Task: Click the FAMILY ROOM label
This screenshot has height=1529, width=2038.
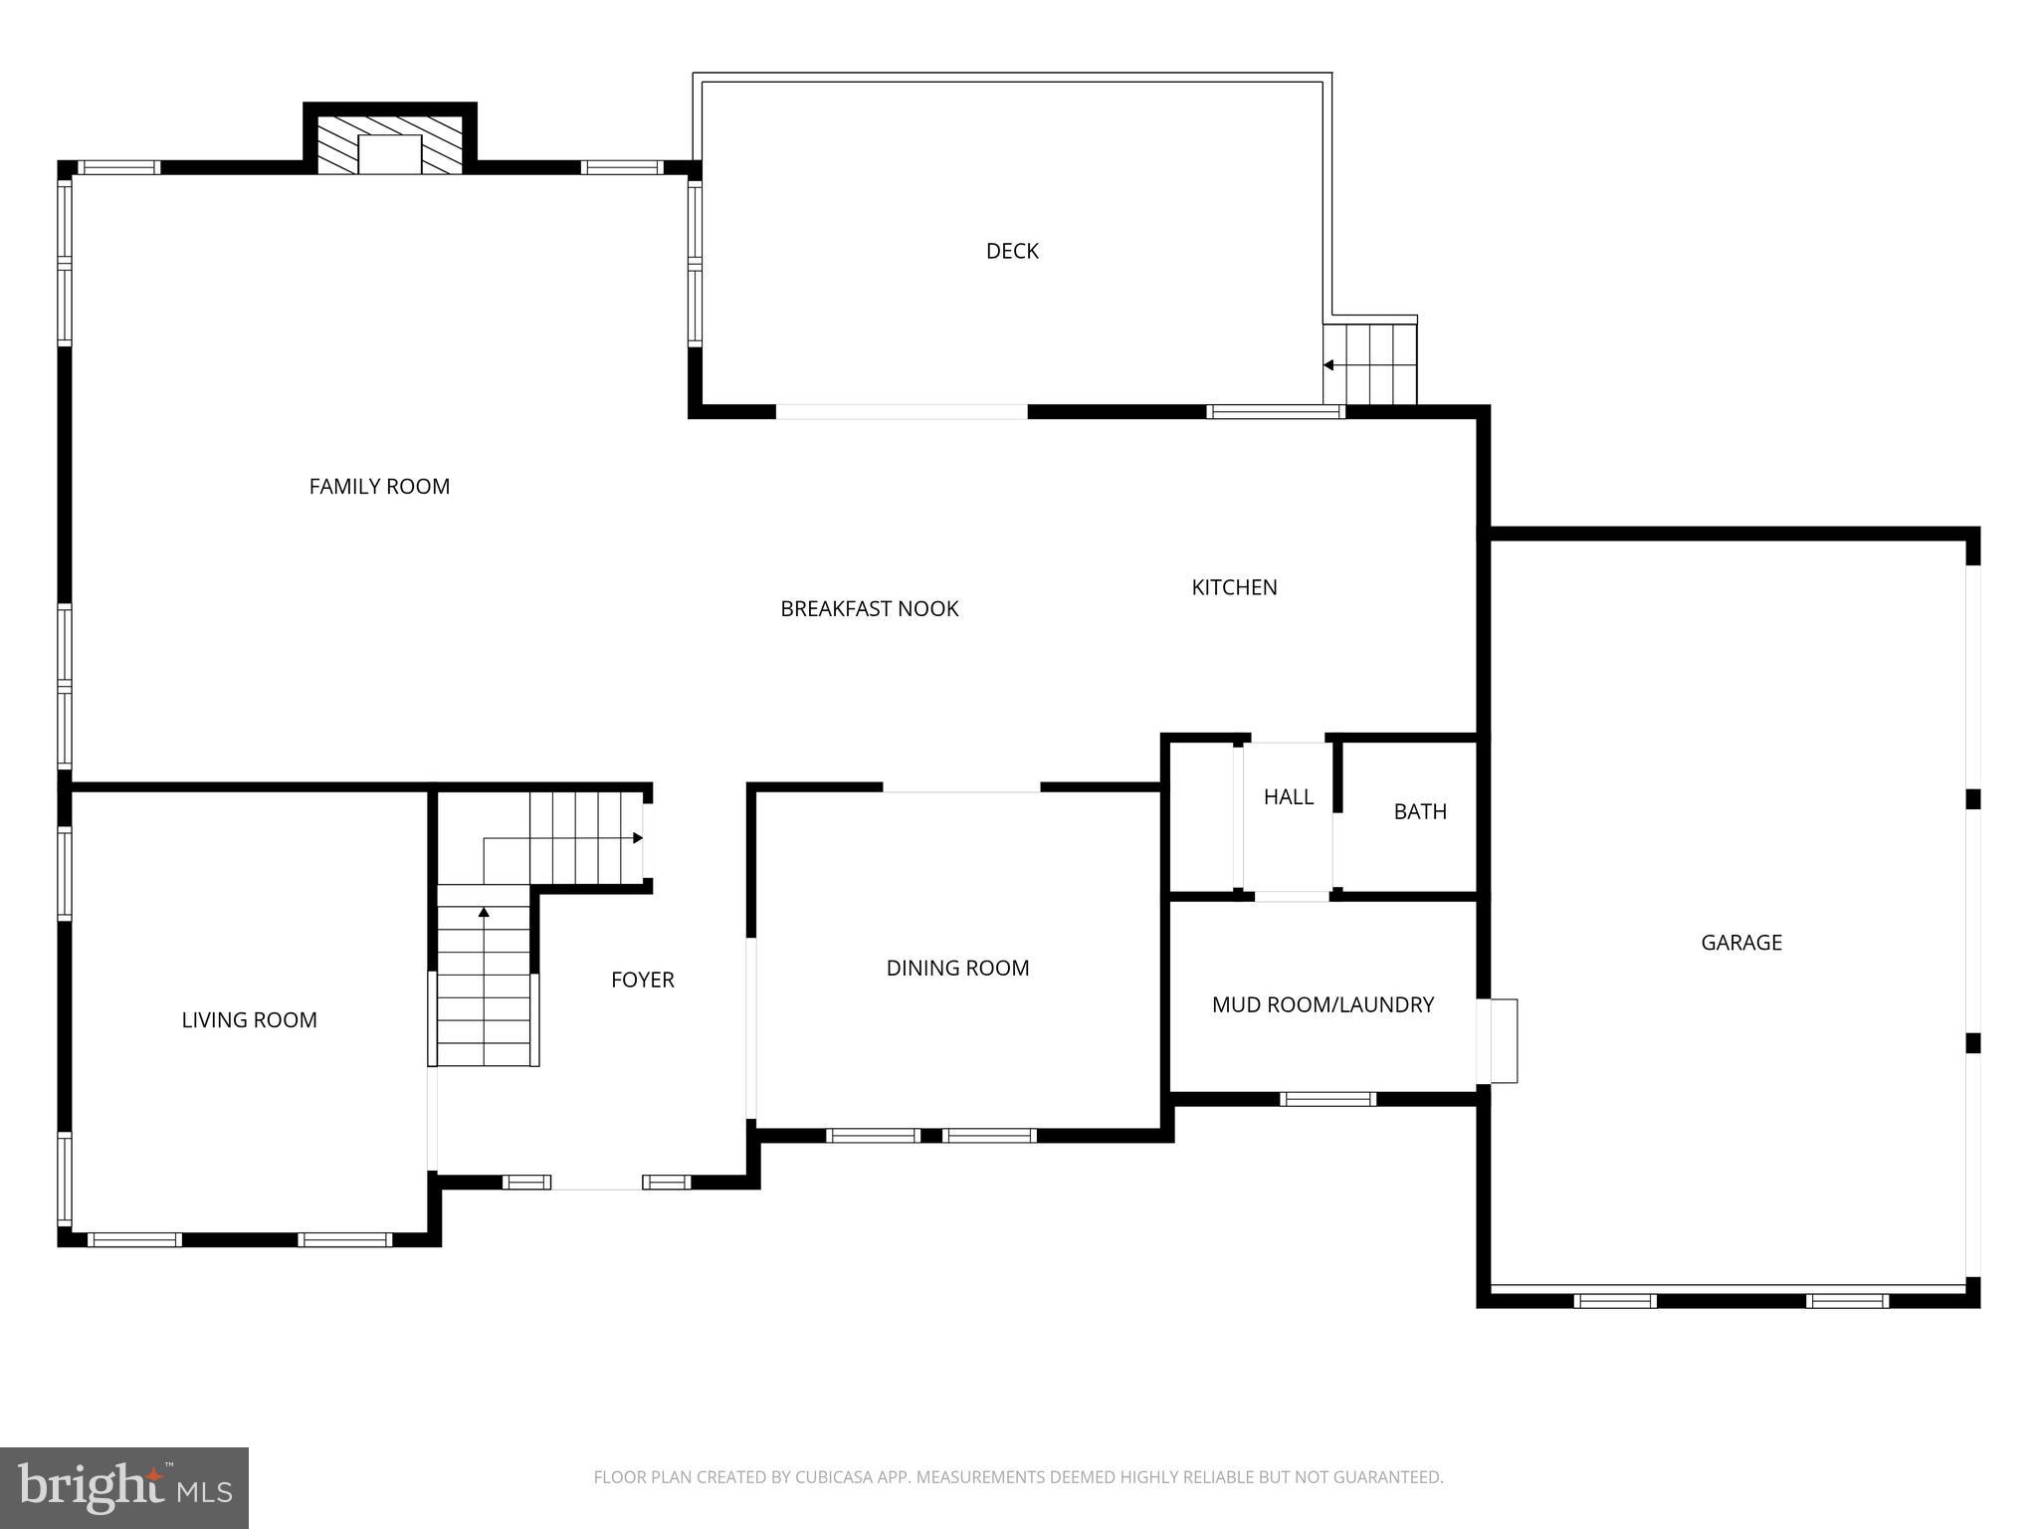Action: [x=379, y=487]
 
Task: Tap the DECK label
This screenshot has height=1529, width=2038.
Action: [x=1012, y=251]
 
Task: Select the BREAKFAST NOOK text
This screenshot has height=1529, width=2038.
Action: [x=869, y=609]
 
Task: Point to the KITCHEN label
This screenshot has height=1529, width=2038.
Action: [x=1234, y=587]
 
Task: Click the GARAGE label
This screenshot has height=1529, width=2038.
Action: [x=1740, y=943]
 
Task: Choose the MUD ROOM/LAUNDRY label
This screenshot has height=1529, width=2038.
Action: [x=1323, y=1005]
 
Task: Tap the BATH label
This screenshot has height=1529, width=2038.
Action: [x=1420, y=812]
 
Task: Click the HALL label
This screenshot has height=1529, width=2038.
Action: [x=1288, y=797]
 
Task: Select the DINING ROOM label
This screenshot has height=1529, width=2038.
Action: [x=957, y=969]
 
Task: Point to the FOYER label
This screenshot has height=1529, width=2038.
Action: [x=642, y=981]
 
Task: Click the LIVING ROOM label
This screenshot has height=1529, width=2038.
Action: [x=249, y=1020]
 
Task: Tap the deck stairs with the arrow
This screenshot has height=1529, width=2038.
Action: [x=1370, y=363]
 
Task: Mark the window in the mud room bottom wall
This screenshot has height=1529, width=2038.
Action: [x=1327, y=1099]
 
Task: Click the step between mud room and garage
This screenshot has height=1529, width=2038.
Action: [x=1498, y=1040]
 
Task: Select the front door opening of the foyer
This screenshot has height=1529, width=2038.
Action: [x=596, y=1183]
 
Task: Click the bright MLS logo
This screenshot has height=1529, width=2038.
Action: [x=124, y=1487]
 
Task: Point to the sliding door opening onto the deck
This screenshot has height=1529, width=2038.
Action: [x=902, y=412]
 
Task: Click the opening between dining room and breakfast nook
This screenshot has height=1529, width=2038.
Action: [x=961, y=787]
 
